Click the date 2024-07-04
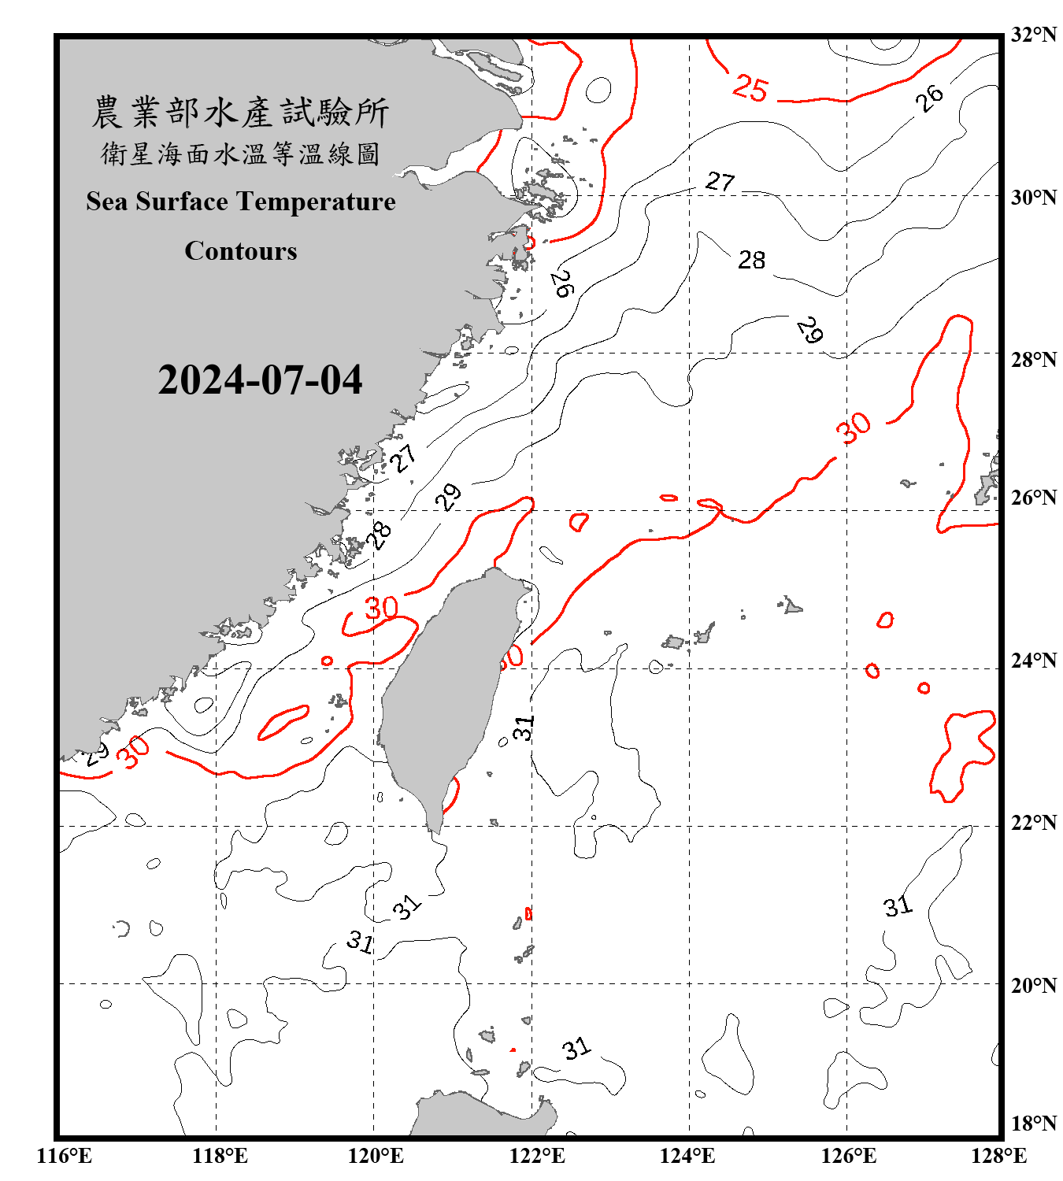pyautogui.click(x=260, y=379)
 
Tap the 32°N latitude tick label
pyautogui.click(x=1034, y=35)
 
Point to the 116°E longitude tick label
pyautogui.click(x=65, y=1156)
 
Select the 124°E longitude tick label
pyautogui.click(x=687, y=1156)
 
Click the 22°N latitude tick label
pyautogui.click(x=1034, y=823)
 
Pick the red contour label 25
pyautogui.click(x=750, y=88)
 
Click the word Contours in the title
pyautogui.click(x=241, y=251)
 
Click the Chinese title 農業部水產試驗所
pyautogui.click(x=240, y=112)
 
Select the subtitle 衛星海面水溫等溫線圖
pyautogui.click(x=240, y=154)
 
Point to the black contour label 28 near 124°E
pyautogui.click(x=751, y=260)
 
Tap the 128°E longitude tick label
pyautogui.click(x=998, y=1156)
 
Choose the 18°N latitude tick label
pyautogui.click(x=1034, y=1124)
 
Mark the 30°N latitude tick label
pyautogui.click(x=1034, y=197)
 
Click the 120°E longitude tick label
pyautogui.click(x=376, y=1156)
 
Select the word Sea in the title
pyautogui.click(x=108, y=202)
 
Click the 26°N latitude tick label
pyautogui.click(x=1034, y=498)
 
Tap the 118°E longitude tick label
pyautogui.click(x=220, y=1156)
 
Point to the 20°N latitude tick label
pyautogui.click(x=1034, y=985)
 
